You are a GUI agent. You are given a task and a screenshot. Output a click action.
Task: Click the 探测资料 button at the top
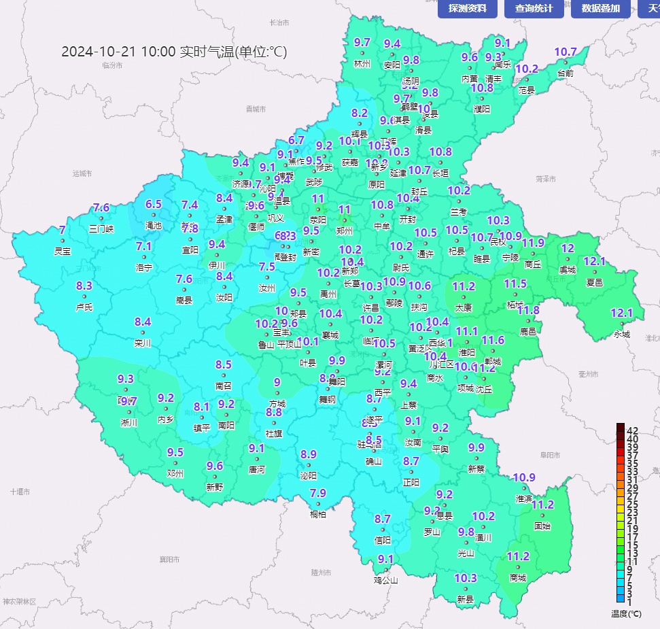coord(468,9)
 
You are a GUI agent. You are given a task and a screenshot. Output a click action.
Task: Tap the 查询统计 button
coord(534,9)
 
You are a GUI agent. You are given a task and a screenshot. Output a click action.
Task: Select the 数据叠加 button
coord(601,9)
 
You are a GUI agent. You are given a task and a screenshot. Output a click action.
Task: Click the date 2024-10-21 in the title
coord(99,52)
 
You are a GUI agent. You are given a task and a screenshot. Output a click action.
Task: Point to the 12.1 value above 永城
coord(622,313)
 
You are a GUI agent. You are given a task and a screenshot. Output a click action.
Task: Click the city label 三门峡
coord(102,229)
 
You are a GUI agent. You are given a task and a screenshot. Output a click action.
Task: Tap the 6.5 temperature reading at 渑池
coord(154,204)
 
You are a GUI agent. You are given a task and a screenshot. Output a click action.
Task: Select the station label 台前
coord(566,73)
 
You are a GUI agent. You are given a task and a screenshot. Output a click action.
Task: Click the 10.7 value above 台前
coord(566,52)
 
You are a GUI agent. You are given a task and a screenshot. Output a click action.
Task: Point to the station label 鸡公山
coord(385,580)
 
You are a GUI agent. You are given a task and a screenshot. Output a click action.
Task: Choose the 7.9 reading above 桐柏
coord(318,493)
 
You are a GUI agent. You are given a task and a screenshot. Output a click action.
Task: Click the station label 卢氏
coord(84,307)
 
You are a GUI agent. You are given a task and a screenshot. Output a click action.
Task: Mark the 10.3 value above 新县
coord(466,578)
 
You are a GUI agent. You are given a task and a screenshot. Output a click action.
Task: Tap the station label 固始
coord(542,526)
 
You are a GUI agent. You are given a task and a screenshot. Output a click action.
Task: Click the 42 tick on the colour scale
coord(632,430)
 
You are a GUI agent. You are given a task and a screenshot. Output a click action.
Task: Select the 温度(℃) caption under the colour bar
coord(626,613)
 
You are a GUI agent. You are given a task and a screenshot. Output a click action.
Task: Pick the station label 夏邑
coord(595,282)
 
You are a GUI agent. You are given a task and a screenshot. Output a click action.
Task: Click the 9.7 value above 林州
coord(362,42)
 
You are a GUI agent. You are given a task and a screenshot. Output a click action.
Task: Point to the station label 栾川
coord(143,343)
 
